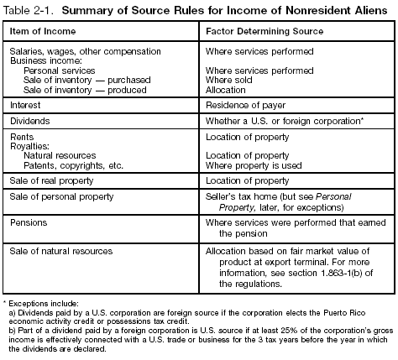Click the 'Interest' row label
[x=26, y=107]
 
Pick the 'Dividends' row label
[x=30, y=123]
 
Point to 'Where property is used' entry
[x=253, y=166]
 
